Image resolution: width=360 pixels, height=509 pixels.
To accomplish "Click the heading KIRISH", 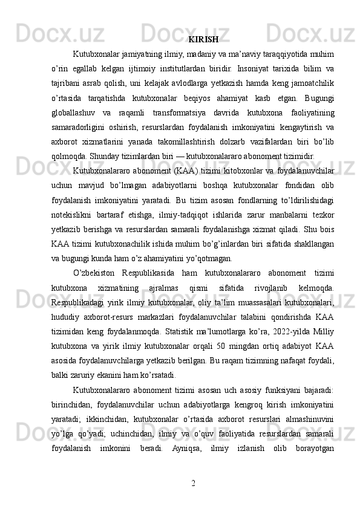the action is click(203, 40).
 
